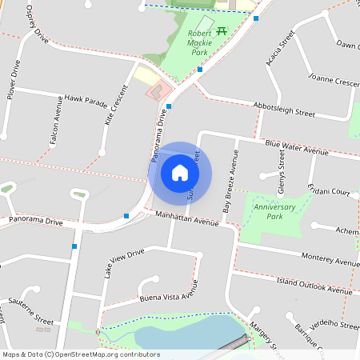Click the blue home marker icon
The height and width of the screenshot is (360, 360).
tap(180, 173)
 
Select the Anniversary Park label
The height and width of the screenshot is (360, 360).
tap(274, 212)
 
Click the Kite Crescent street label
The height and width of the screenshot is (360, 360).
tap(116, 106)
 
